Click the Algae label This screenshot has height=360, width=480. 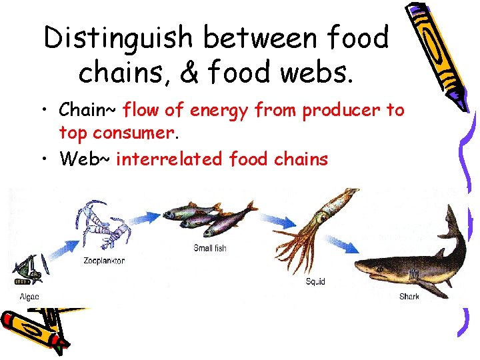click(29, 296)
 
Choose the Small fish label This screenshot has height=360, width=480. click(210, 248)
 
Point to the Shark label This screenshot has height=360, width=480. click(409, 296)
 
